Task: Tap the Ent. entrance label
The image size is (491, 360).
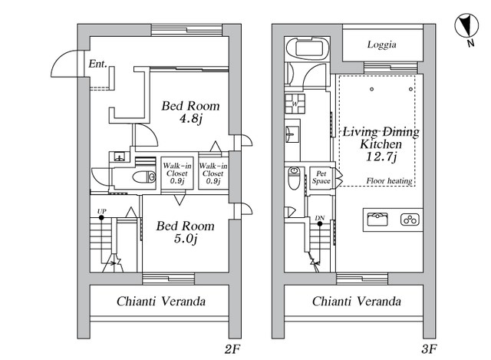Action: click(x=97, y=64)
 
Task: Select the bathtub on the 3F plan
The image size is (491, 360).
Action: click(x=307, y=48)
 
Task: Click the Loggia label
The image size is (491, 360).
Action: click(x=382, y=45)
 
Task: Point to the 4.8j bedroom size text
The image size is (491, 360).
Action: click(x=191, y=119)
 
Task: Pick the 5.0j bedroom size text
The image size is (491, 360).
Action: click(x=186, y=239)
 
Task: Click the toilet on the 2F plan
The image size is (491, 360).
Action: click(x=144, y=177)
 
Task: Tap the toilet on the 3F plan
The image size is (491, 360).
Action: click(x=294, y=178)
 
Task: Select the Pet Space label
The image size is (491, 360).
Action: click(x=321, y=177)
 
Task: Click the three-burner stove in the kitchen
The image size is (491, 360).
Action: click(x=410, y=220)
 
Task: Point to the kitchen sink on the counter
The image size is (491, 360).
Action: click(x=377, y=220)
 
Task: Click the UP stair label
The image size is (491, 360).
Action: click(x=101, y=212)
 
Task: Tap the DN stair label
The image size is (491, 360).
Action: click(x=320, y=218)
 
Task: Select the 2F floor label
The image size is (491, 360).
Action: click(x=232, y=349)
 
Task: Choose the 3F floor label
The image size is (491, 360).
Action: click(x=429, y=349)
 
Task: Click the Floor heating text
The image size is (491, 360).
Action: click(x=389, y=181)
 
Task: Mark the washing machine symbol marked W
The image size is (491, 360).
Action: click(x=295, y=104)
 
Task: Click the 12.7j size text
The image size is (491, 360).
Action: click(x=381, y=157)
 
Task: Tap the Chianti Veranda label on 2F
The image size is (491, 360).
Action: click(x=161, y=302)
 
